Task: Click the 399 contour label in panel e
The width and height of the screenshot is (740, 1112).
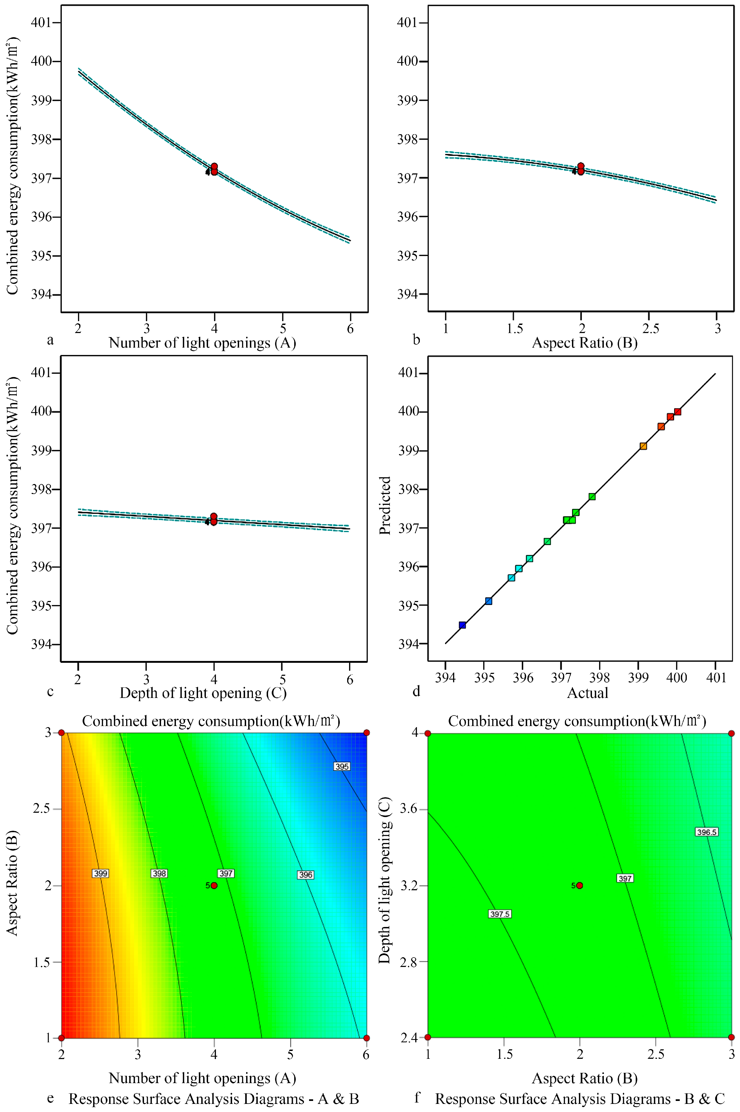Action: click(101, 873)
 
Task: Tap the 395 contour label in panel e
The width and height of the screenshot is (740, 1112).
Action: click(342, 766)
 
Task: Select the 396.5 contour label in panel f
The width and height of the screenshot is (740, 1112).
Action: click(706, 832)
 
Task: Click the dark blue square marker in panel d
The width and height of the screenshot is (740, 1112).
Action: click(463, 625)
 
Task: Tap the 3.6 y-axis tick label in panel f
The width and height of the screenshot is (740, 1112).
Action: click(409, 809)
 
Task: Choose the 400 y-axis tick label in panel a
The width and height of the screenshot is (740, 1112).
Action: click(42, 61)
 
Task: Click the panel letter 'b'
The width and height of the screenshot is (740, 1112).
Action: click(416, 340)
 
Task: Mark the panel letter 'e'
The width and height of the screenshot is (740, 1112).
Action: click(50, 1098)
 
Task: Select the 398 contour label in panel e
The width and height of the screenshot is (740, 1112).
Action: click(159, 873)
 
